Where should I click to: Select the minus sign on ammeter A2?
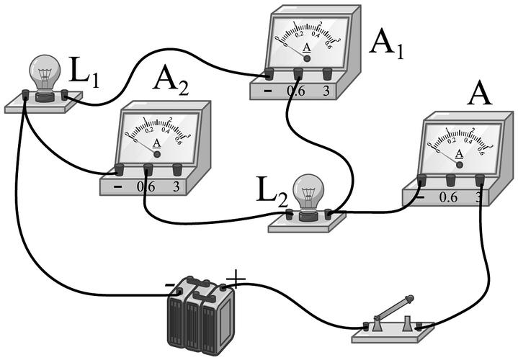pyautogui.click(x=117, y=186)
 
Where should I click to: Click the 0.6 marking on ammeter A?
pyautogui.click(x=448, y=196)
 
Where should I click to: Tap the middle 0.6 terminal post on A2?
pyautogui.click(x=148, y=169)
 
